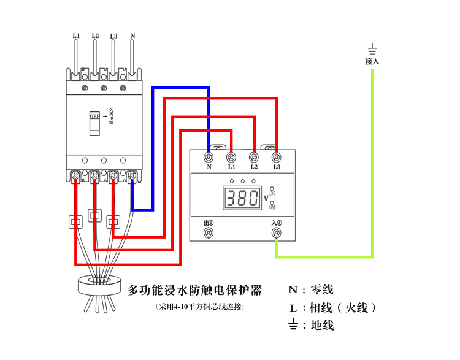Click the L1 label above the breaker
(x=76, y=36)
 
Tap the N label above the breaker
(x=132, y=36)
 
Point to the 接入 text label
(x=372, y=61)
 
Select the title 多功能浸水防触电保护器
(x=195, y=289)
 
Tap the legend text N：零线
(x=312, y=289)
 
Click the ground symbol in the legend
(x=294, y=325)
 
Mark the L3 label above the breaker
(x=113, y=36)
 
